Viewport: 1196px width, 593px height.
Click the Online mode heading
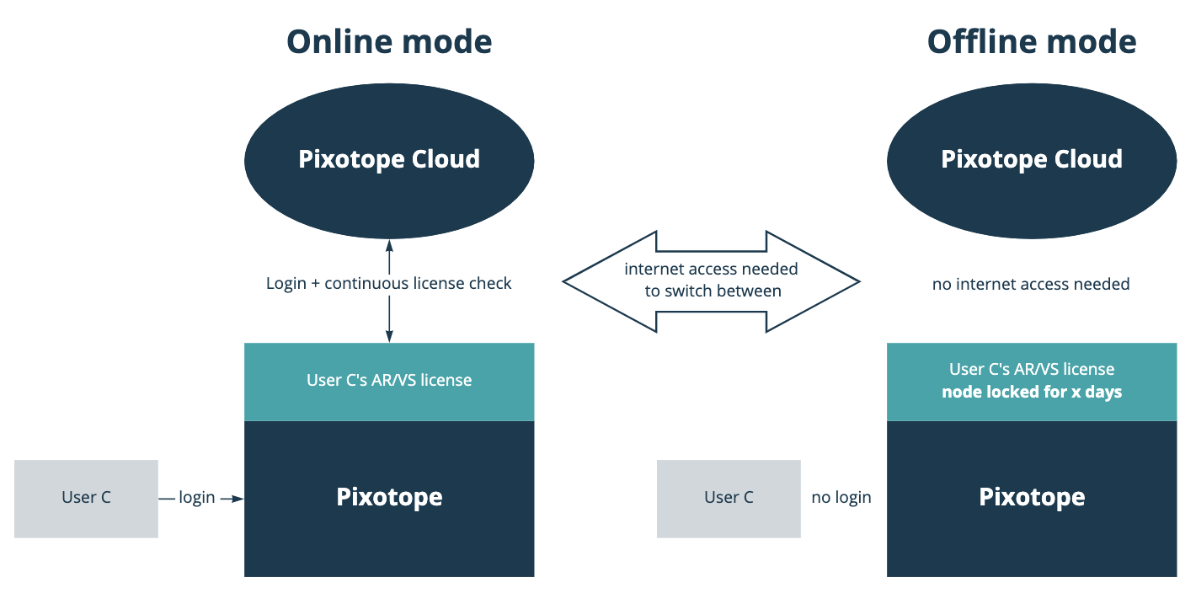[389, 41]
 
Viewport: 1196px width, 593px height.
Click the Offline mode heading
[1032, 41]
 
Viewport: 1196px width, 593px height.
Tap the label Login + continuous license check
[389, 283]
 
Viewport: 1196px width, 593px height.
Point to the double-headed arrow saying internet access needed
[711, 280]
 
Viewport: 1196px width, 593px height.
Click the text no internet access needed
[1031, 284]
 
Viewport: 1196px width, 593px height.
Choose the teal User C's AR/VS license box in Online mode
[389, 381]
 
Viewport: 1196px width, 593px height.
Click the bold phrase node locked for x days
[1032, 393]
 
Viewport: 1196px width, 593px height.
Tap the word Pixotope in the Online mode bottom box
[389, 497]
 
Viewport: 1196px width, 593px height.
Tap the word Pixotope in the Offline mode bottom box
[1032, 497]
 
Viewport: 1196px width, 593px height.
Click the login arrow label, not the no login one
[197, 498]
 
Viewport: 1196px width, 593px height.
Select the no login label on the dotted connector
[841, 498]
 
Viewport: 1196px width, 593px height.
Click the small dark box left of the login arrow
[86, 499]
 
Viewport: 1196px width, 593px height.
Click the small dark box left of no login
[729, 499]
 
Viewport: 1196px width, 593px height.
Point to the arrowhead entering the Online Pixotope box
[237, 499]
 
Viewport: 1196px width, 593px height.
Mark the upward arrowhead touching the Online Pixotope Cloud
[389, 245]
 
